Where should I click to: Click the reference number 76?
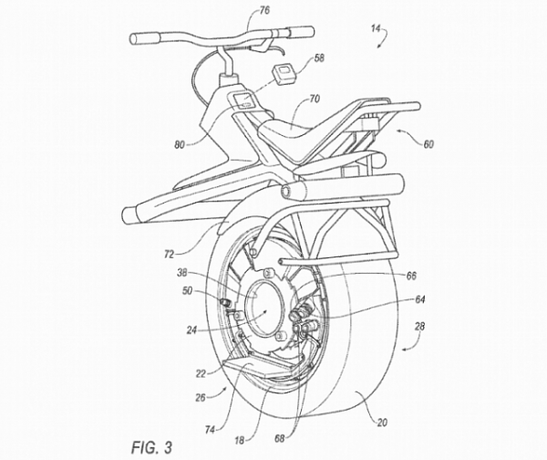[x=239, y=12]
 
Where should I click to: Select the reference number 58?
[x=319, y=57]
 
